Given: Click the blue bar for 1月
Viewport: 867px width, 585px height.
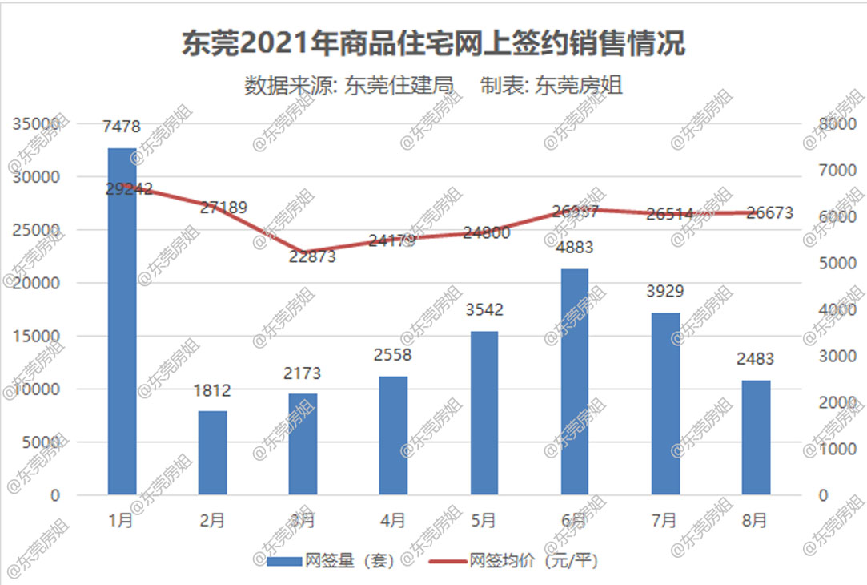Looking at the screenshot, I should pos(122,321).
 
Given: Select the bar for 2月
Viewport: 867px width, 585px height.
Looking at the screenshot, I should pos(213,453).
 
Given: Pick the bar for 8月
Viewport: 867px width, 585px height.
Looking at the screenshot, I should pos(756,438).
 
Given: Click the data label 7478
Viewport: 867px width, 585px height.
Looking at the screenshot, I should pos(122,127).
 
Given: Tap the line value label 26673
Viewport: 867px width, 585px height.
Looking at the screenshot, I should pos(769,212).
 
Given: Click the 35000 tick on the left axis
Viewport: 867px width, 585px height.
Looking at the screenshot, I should pos(35,124).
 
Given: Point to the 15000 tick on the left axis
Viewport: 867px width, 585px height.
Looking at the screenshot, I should pos(35,337).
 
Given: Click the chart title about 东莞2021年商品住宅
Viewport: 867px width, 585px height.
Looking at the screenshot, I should pos(433,44).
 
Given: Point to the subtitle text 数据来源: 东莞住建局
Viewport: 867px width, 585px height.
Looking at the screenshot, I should pos(349,85).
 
